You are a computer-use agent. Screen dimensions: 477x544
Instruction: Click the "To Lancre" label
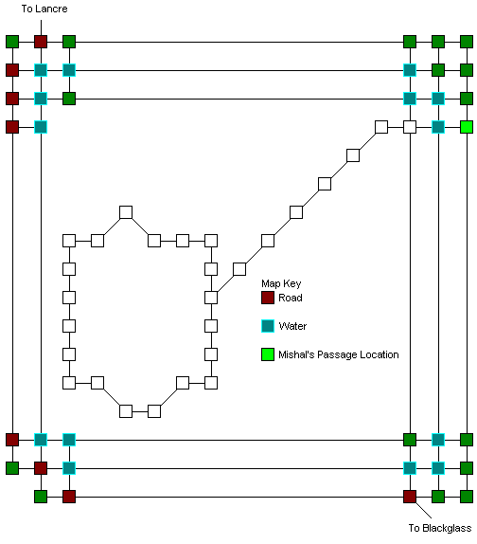pyautogui.click(x=44, y=9)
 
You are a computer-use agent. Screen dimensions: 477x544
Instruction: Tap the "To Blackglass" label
pyautogui.click(x=440, y=528)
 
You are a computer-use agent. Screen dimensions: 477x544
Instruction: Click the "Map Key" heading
pyautogui.click(x=281, y=283)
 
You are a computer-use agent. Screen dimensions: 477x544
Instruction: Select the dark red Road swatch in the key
pyautogui.click(x=268, y=298)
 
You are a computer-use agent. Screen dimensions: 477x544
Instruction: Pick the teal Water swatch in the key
pyautogui.click(x=268, y=326)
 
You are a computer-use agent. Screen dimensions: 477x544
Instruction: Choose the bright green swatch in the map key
pyautogui.click(x=268, y=354)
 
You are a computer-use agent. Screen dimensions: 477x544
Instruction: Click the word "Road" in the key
pyautogui.click(x=291, y=298)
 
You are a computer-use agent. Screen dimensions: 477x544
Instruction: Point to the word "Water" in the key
pyautogui.click(x=292, y=326)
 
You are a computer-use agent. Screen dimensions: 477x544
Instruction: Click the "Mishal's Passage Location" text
pyautogui.click(x=339, y=354)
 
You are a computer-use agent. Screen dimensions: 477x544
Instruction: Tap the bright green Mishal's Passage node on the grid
pyautogui.click(x=467, y=127)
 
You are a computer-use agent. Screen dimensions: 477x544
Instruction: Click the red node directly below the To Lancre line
pyautogui.click(x=41, y=42)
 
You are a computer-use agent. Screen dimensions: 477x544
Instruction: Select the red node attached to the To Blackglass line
pyautogui.click(x=410, y=497)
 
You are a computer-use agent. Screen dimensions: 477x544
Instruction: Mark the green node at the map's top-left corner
pyautogui.click(x=12, y=42)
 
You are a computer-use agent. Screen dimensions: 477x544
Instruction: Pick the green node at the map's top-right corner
pyautogui.click(x=467, y=42)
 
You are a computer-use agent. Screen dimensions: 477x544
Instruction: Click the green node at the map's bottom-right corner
pyautogui.click(x=467, y=497)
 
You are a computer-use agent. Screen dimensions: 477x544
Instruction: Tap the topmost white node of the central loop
pyautogui.click(x=126, y=212)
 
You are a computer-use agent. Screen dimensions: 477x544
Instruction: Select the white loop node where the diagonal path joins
pyautogui.click(x=211, y=298)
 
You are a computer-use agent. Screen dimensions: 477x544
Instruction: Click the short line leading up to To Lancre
pyautogui.click(x=41, y=27)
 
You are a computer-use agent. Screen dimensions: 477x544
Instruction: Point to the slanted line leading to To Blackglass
pyautogui.click(x=424, y=510)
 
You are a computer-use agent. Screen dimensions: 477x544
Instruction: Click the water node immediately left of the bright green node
pyautogui.click(x=438, y=127)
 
